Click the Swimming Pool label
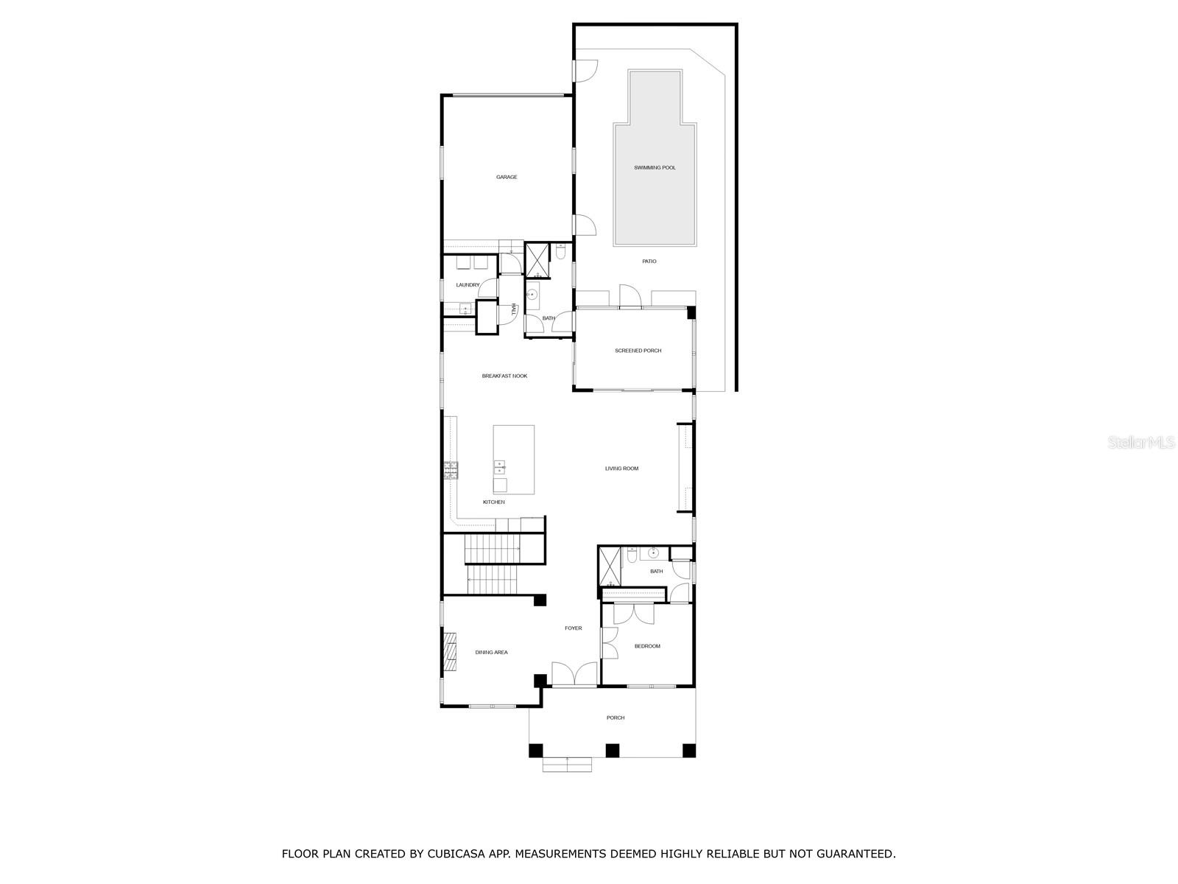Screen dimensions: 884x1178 [x=655, y=168]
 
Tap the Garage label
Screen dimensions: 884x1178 [x=507, y=177]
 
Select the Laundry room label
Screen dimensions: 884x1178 [x=468, y=285]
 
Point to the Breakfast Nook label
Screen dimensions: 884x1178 [x=504, y=376]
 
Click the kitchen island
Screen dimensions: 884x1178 [x=514, y=459]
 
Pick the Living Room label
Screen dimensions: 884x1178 [x=621, y=469]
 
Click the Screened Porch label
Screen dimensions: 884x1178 [x=638, y=351]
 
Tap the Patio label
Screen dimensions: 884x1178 [x=649, y=262]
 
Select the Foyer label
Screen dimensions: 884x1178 [x=573, y=628]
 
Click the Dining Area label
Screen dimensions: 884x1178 [x=491, y=653]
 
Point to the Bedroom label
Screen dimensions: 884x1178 [x=647, y=647]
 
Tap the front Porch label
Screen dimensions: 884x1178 [x=616, y=718]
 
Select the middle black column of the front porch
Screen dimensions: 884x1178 [x=612, y=751]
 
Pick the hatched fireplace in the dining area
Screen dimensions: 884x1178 [x=449, y=652]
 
